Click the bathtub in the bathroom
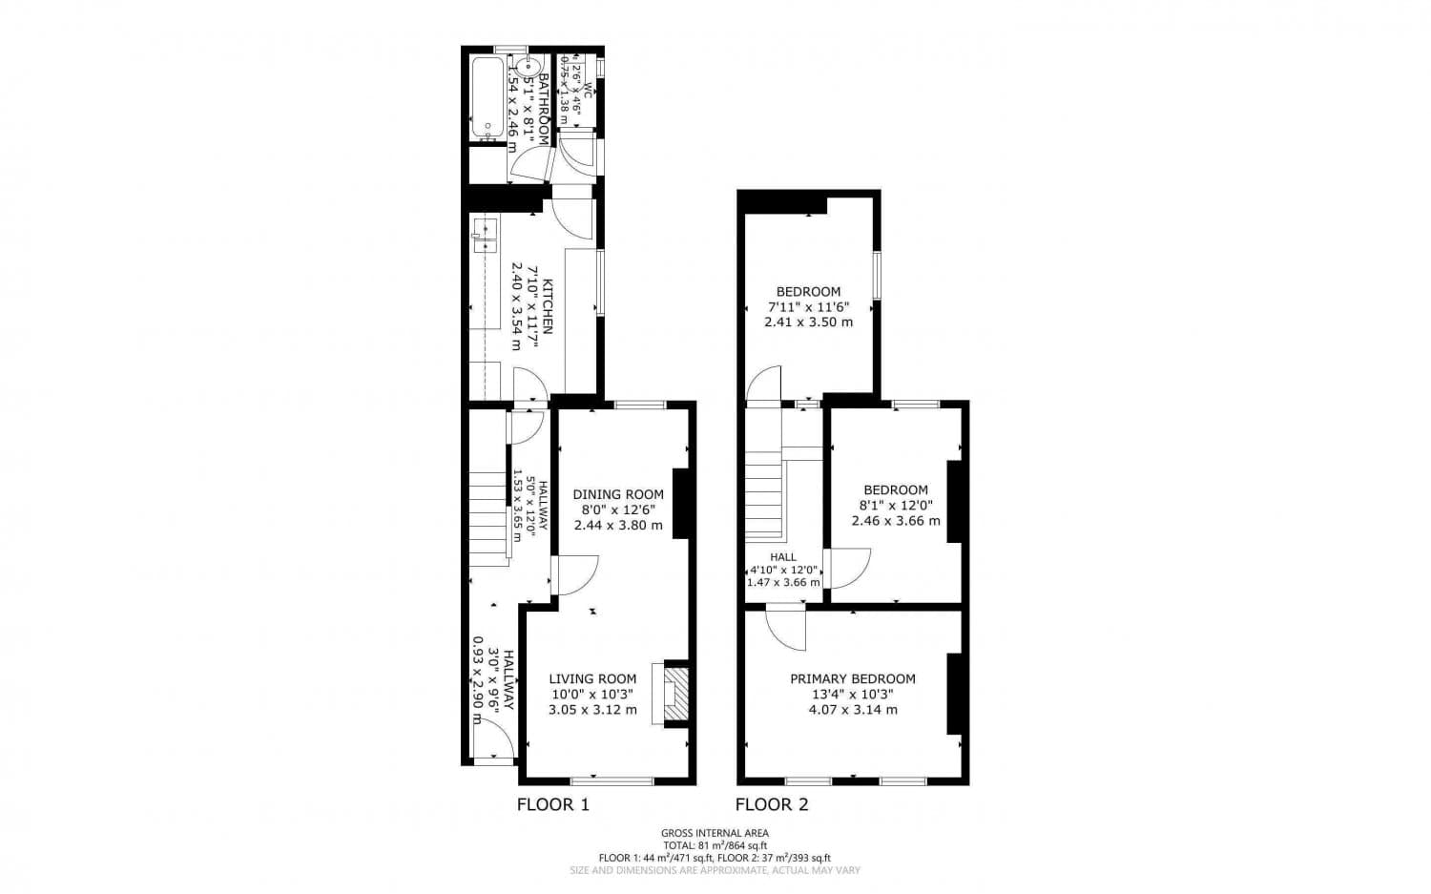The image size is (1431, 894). tap(487, 98)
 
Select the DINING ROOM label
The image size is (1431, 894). tap(618, 494)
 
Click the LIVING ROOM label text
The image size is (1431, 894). tap(592, 679)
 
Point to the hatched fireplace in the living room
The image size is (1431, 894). tap(674, 694)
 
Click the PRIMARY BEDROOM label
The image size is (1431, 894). tap(852, 679)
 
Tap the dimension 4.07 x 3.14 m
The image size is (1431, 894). tap(853, 710)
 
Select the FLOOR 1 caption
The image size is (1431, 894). tap(552, 804)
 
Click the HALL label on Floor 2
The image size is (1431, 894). tap(783, 557)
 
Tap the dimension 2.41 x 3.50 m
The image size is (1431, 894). tap(808, 322)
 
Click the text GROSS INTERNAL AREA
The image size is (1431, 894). tap(715, 833)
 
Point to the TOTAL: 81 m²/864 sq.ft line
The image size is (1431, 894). tap(715, 845)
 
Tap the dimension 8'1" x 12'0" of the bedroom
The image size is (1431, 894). tap(895, 506)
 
